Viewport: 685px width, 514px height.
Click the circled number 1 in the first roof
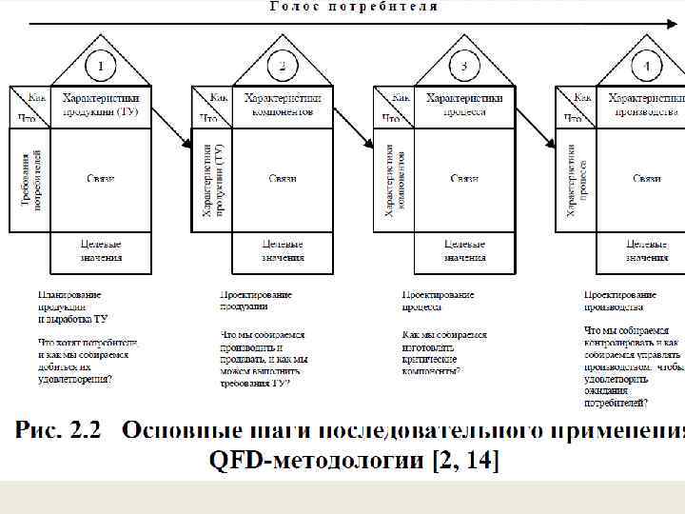101,66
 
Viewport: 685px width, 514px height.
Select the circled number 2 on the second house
283,66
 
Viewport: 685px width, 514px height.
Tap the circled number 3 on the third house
464,66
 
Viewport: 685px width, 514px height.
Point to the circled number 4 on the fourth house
647,66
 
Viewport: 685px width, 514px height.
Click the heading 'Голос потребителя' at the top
354,7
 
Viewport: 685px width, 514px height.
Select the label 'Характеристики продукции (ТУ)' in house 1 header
101,105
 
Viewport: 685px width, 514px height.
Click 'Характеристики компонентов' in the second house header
283,105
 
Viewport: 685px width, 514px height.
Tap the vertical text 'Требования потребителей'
29,180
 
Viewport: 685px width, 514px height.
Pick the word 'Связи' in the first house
101,179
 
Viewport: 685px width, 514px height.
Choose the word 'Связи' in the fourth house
647,179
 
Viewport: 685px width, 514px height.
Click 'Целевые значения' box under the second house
283,251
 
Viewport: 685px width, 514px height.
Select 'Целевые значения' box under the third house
465,251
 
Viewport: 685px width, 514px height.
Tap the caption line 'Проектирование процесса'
438,301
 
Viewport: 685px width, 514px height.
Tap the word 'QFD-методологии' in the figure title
315,462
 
